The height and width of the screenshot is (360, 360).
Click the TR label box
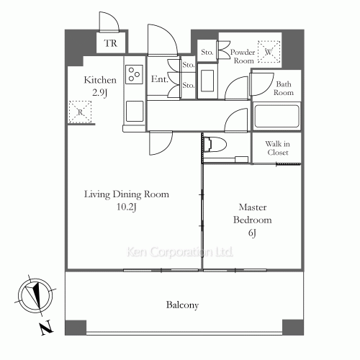point(111,42)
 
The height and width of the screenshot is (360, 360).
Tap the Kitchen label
point(100,80)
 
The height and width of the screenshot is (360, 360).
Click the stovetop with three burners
point(134,74)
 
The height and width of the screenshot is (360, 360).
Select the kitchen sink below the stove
point(135,111)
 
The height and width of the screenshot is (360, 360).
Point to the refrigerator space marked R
point(80,112)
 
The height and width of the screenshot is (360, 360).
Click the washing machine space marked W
point(269,52)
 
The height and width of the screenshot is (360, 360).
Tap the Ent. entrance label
point(159,79)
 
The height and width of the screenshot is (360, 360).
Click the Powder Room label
point(243,56)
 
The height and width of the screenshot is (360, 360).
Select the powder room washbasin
point(207,81)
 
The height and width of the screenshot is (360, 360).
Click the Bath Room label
point(284,88)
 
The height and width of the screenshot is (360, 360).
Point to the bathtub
point(276,117)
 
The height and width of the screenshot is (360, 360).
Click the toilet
point(215,144)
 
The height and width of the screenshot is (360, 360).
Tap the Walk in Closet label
point(277,148)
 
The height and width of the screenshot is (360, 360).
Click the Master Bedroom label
point(253,213)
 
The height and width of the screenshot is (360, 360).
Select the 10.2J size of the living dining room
point(127,207)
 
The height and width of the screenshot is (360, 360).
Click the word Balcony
point(182,305)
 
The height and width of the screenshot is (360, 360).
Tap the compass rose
point(35,295)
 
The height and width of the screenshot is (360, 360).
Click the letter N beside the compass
point(47,328)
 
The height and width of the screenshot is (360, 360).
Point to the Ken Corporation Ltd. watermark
point(180,252)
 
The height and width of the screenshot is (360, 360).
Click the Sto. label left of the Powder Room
point(207,52)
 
